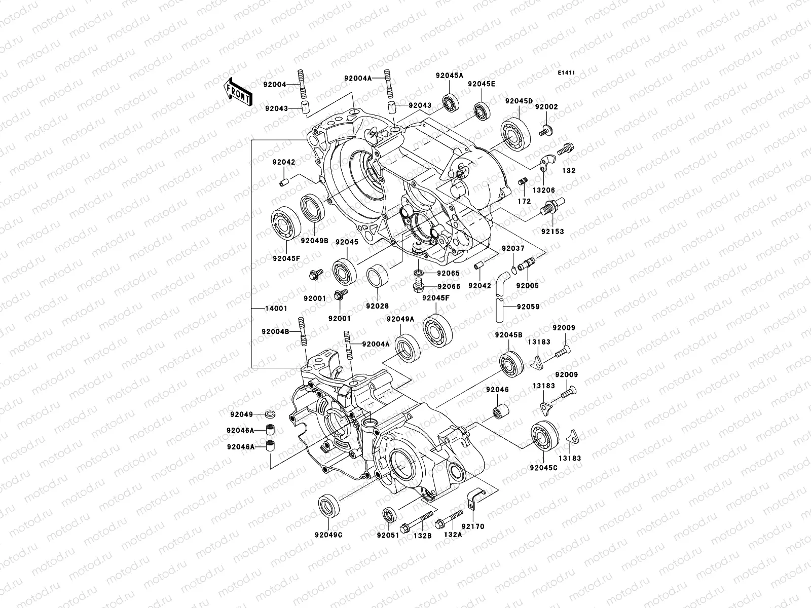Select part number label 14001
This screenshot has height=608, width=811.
[x=275, y=309]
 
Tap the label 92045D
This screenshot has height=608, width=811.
[x=519, y=101]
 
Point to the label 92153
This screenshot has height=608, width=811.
[x=552, y=232]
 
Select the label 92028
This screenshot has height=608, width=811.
[x=377, y=306]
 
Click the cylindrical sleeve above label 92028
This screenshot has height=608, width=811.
[x=377, y=277]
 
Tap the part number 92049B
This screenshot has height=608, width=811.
[x=315, y=240]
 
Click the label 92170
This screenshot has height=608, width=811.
[x=472, y=526]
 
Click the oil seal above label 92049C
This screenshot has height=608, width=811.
[x=328, y=505]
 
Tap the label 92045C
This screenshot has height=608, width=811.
[x=543, y=468]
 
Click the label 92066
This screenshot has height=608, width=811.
[x=448, y=287]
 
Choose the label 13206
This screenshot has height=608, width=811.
[x=543, y=190]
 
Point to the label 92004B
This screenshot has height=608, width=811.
[x=275, y=331]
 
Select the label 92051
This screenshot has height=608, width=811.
[x=389, y=535]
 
